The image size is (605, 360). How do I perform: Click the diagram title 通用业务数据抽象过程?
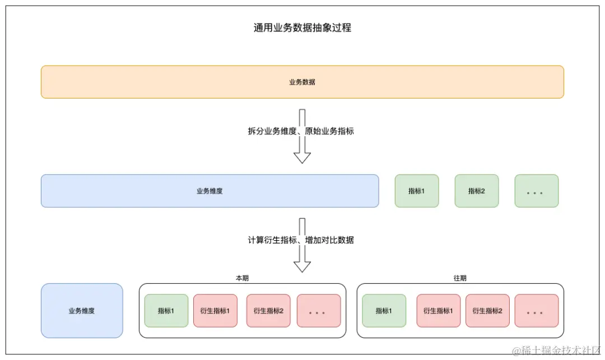(302, 28)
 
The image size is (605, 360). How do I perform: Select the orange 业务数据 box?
(302, 82)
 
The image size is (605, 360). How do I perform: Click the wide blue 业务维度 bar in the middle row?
(210, 191)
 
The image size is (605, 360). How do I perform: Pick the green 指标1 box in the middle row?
(416, 191)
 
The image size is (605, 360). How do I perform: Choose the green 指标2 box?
(476, 191)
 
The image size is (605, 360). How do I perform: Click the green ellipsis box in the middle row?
(536, 191)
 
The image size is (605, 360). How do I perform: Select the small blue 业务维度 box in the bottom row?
(82, 311)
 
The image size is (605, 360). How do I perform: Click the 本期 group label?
(242, 278)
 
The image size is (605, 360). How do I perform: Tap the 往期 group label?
(460, 278)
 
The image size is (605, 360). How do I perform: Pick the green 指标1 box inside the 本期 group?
(166, 311)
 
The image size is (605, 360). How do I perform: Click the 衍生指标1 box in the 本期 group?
(215, 311)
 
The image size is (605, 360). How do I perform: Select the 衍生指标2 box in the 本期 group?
(268, 311)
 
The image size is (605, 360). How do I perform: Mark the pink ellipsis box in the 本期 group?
(319, 311)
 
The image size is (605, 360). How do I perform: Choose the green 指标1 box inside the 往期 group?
(384, 311)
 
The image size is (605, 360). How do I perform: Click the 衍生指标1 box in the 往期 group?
(438, 311)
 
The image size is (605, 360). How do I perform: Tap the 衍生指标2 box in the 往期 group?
(487, 311)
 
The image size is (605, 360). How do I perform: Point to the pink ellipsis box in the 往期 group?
(536, 311)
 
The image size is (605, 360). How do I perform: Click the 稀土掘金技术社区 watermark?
(556, 350)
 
